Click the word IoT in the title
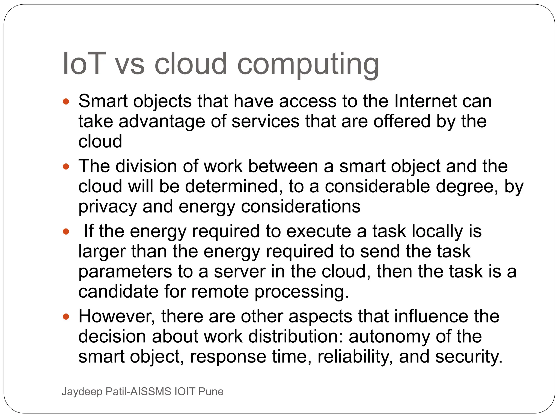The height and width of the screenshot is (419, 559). click(x=84, y=64)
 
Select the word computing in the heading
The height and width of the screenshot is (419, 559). click(x=308, y=65)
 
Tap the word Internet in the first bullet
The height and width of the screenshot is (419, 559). click(x=426, y=101)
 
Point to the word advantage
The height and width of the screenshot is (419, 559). click(x=162, y=121)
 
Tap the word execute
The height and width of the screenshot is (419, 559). click(x=319, y=231)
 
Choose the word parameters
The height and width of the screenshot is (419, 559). click(x=125, y=272)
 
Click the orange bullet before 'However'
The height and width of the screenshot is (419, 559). click(x=66, y=317)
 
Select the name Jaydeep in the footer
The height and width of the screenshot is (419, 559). click(x=82, y=392)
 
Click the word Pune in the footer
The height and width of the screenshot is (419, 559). click(x=211, y=391)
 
